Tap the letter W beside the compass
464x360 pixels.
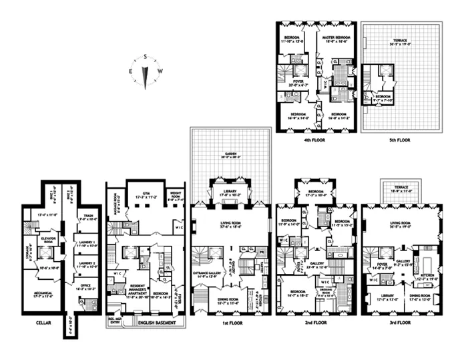pyautogui.click(x=160, y=71)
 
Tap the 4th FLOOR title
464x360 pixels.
pyautogui.click(x=314, y=141)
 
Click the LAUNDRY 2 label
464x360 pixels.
pyautogui.click(x=88, y=263)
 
